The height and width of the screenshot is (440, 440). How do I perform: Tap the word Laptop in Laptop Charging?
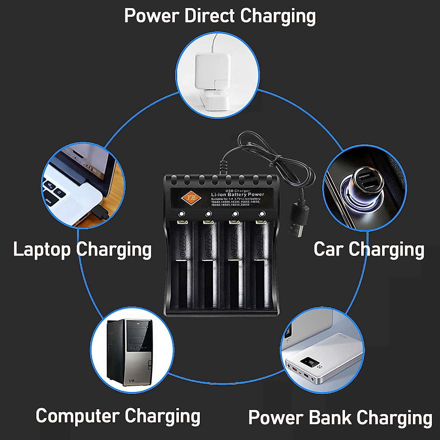tap(42, 249)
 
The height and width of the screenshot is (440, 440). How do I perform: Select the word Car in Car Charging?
tap(329, 249)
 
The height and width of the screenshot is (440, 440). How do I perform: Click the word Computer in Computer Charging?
tap(78, 416)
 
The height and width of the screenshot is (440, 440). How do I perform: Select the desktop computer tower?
tap(129, 352)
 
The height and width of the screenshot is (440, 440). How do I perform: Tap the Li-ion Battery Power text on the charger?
tap(237, 194)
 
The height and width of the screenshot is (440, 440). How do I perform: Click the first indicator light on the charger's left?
tap(181, 214)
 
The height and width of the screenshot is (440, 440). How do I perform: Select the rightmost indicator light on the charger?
tap(262, 214)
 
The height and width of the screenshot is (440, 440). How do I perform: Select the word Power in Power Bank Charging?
tap(275, 418)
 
